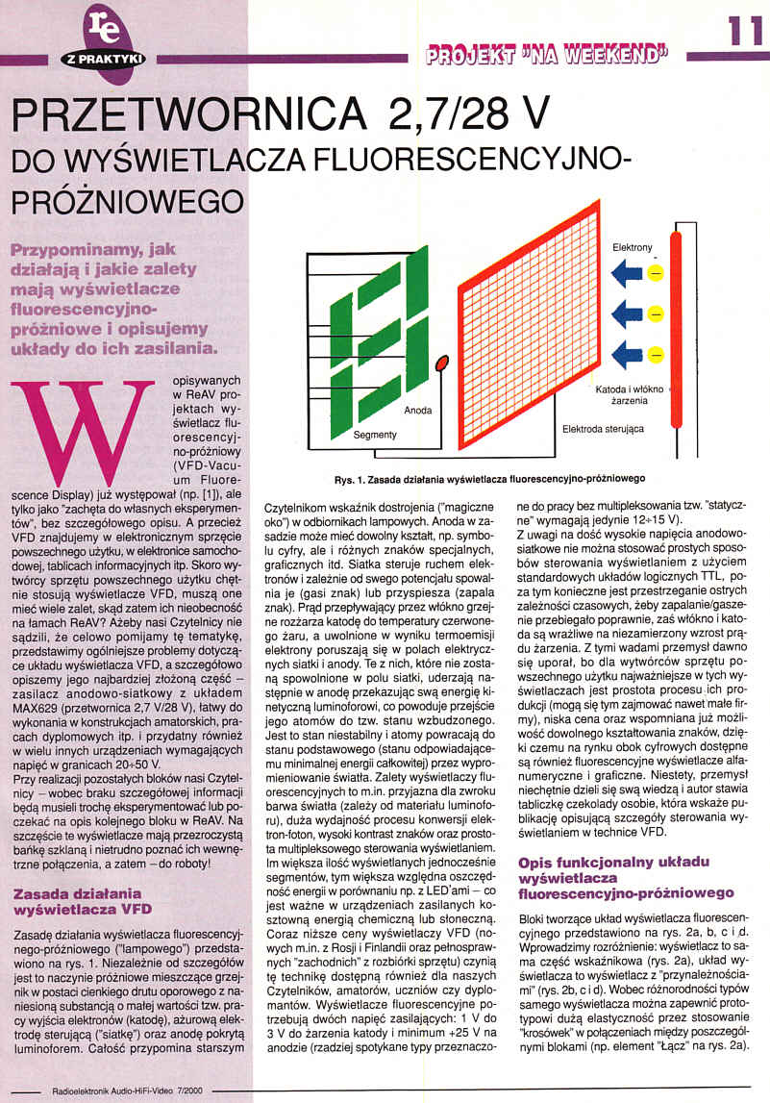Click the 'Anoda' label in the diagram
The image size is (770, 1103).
click(417, 411)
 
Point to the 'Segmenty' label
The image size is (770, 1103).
click(375, 435)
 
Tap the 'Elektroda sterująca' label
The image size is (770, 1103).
click(603, 428)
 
